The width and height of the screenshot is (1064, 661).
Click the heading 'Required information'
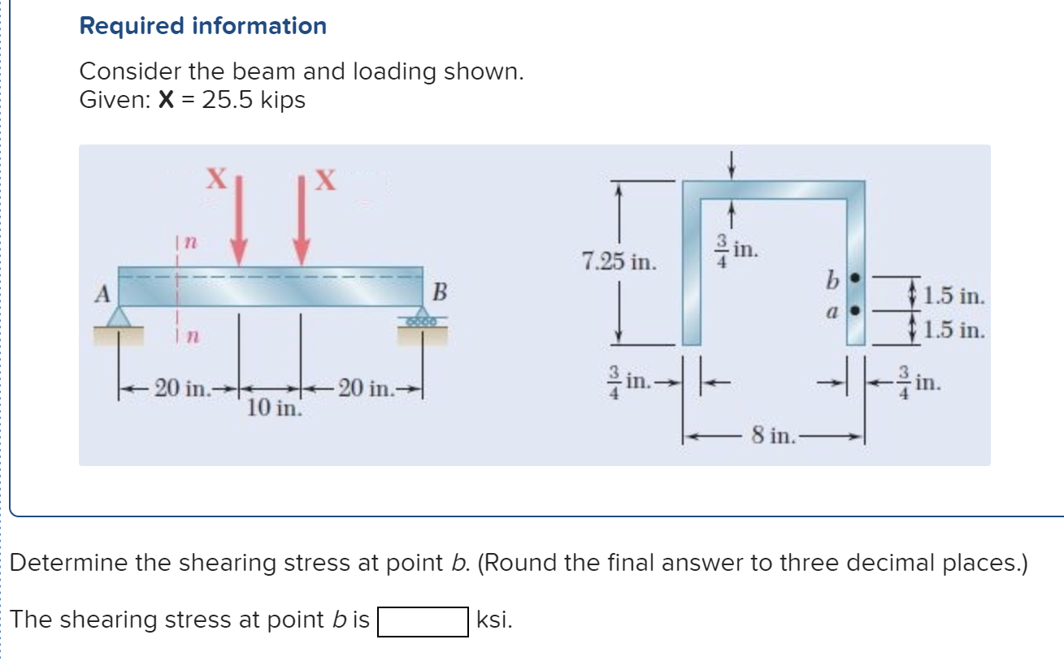pos(202,26)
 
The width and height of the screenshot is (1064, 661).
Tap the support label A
pos(102,294)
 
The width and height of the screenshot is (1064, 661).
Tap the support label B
pos(440,292)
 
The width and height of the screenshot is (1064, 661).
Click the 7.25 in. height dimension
pos(619,262)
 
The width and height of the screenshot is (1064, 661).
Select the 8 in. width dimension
pos(771,437)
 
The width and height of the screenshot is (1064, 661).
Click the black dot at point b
pos(853,279)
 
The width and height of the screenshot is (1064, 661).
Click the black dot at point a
pos(853,310)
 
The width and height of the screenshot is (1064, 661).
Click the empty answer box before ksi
pos(423,621)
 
